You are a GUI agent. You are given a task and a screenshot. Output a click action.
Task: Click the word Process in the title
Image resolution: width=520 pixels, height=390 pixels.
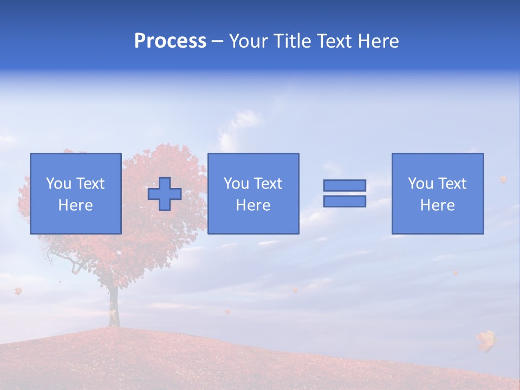[x=170, y=41]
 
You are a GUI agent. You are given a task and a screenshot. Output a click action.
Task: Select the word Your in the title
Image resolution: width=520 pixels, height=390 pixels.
[x=249, y=41]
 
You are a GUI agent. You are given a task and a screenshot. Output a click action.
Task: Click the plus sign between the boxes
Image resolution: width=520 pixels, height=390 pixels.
[x=165, y=194]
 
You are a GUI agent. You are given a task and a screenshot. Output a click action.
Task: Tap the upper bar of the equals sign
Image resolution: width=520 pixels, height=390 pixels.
[x=344, y=185]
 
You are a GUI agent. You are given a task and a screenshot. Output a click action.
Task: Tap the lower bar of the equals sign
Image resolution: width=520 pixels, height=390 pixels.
[x=344, y=201]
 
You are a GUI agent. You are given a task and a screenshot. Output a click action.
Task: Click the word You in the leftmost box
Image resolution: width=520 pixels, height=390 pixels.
[x=58, y=184]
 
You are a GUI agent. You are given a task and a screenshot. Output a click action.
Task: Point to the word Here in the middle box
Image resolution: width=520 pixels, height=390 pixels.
[x=253, y=205]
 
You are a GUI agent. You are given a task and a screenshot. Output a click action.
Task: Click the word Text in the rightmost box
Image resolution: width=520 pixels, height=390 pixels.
[x=452, y=184]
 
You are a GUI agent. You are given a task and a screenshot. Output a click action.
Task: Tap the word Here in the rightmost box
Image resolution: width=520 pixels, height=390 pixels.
[x=438, y=205]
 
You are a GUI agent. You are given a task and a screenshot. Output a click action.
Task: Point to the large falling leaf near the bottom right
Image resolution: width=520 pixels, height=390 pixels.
[x=486, y=340]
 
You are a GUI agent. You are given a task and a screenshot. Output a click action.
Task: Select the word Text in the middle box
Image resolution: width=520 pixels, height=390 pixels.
[x=268, y=184]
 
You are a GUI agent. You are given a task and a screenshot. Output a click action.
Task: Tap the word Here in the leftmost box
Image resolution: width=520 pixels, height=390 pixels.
[x=75, y=205]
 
